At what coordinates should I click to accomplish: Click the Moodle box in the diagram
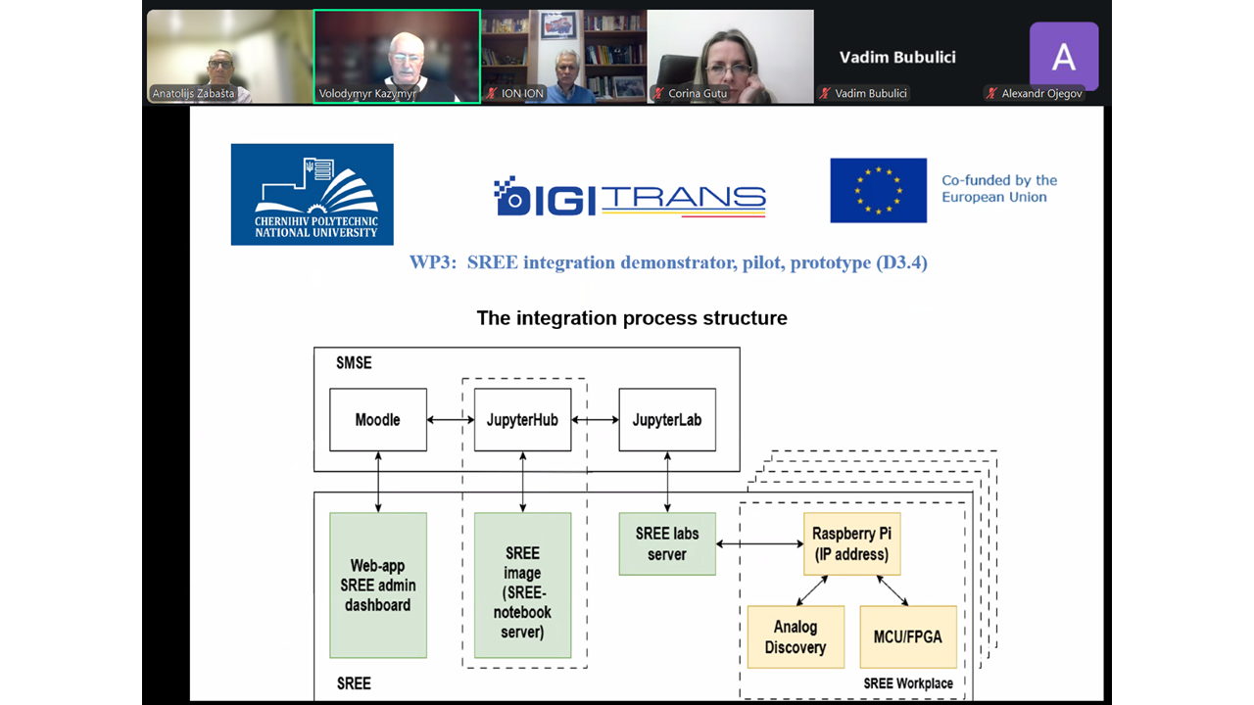coord(378,420)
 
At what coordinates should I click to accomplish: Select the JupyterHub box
coord(522,420)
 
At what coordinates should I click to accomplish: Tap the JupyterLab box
coord(667,420)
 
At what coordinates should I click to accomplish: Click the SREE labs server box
coord(667,543)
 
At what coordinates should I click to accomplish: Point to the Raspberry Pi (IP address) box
coord(851,543)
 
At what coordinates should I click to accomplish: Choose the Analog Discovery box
coord(796,636)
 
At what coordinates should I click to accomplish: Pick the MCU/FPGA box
coord(908,636)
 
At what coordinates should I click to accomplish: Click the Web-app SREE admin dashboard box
coord(378,586)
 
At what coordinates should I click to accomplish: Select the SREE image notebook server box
coord(522,586)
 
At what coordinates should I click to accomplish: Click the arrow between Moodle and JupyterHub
coord(451,420)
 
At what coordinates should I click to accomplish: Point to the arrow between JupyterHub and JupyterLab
coord(595,420)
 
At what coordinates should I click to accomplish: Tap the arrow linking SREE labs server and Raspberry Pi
coord(759,543)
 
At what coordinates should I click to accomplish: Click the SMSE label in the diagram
coord(354,363)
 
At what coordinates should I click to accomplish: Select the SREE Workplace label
coord(908,683)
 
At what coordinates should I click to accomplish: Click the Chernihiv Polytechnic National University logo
coord(312,194)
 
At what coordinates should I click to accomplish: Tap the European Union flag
coord(879,190)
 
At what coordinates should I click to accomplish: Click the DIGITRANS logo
coord(630,196)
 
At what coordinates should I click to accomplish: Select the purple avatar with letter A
coord(1064,56)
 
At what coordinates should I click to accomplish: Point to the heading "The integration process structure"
coord(632,318)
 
